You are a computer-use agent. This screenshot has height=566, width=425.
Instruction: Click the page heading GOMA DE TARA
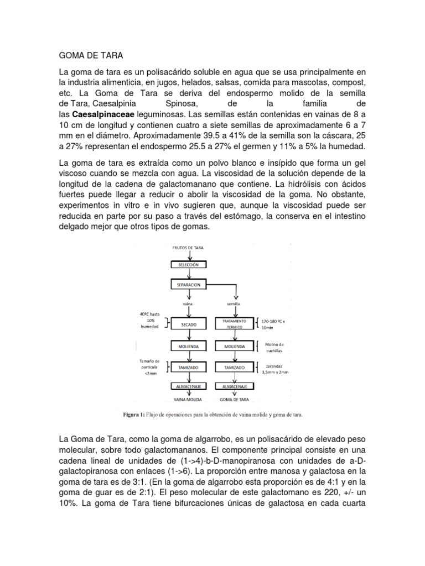click(91, 55)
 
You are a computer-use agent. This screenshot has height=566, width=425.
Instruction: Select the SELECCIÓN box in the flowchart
click(191, 265)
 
